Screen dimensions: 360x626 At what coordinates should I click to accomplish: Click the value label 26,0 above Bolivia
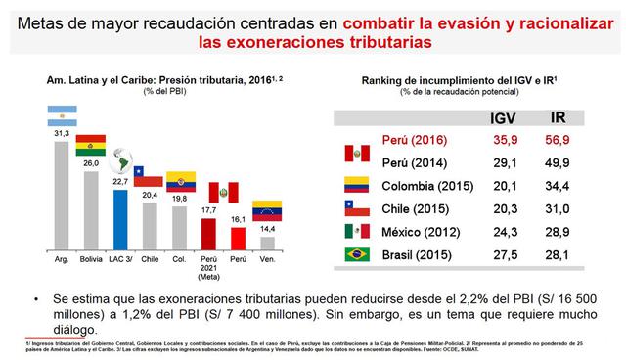coord(90,163)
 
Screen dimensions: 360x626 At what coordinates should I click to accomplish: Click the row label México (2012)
coord(418,233)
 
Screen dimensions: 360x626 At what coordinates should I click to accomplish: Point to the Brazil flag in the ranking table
coord(355,255)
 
